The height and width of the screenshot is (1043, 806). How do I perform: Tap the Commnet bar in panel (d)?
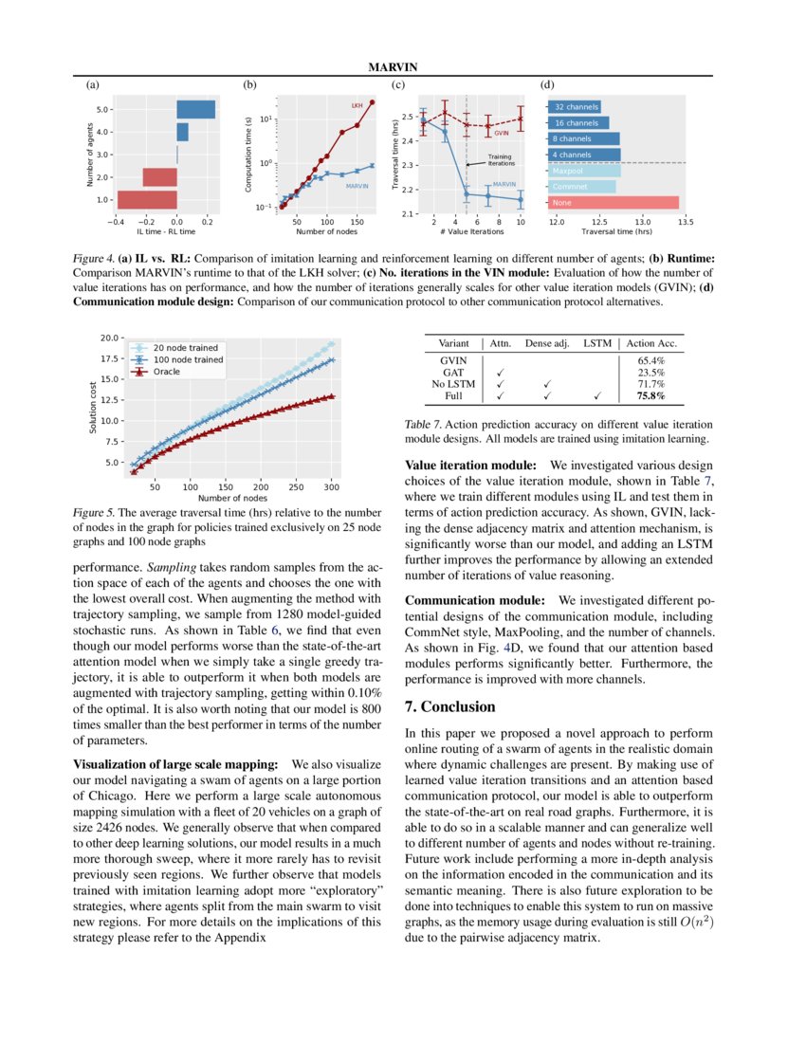pos(583,187)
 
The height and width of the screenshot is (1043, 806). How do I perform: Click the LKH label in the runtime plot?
pos(357,105)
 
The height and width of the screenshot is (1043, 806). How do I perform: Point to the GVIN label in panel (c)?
pos(502,134)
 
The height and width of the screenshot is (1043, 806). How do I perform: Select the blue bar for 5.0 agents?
pos(195,109)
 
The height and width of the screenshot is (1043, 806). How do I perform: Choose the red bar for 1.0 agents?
pos(146,199)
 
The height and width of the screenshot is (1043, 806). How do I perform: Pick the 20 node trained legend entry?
pos(185,348)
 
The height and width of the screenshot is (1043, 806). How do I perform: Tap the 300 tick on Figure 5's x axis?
pos(331,486)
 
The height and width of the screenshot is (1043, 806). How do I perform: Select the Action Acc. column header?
pos(651,343)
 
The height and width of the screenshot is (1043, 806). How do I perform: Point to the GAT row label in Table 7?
pos(453,373)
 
